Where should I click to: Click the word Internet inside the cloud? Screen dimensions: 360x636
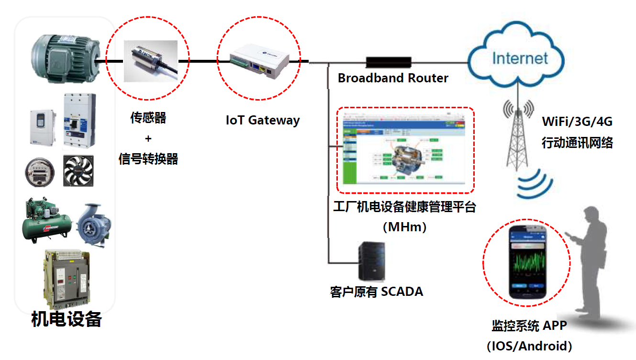click(x=520, y=58)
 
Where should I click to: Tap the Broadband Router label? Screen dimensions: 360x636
click(x=393, y=78)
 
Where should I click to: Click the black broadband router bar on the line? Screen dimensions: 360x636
click(x=389, y=62)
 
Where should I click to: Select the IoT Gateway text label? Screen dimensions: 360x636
click(x=262, y=120)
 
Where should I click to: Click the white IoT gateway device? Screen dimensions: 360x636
click(x=259, y=60)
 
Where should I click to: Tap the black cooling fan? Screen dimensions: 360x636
click(x=78, y=171)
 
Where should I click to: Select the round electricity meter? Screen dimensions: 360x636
click(x=39, y=171)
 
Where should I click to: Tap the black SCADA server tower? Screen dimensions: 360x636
click(x=371, y=261)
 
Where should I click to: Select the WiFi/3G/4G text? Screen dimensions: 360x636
click(x=577, y=121)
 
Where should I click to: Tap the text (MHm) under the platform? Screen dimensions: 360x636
click(x=404, y=226)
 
